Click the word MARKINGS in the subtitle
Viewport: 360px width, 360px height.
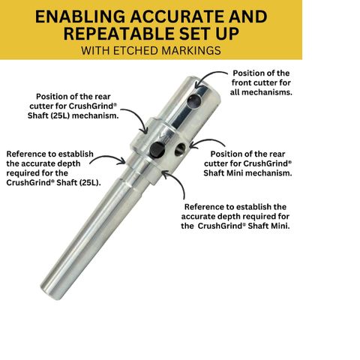[191, 51]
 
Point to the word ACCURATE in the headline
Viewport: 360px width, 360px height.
[178, 16]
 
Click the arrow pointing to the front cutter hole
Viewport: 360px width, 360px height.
[206, 75]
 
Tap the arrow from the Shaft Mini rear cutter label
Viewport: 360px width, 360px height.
[206, 142]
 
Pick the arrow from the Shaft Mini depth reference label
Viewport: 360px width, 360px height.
[178, 181]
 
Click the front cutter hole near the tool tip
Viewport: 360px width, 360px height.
[194, 101]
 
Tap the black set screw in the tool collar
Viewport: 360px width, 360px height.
[157, 150]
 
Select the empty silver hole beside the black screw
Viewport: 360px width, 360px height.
[180, 149]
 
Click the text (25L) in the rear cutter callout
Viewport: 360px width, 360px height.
[61, 115]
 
